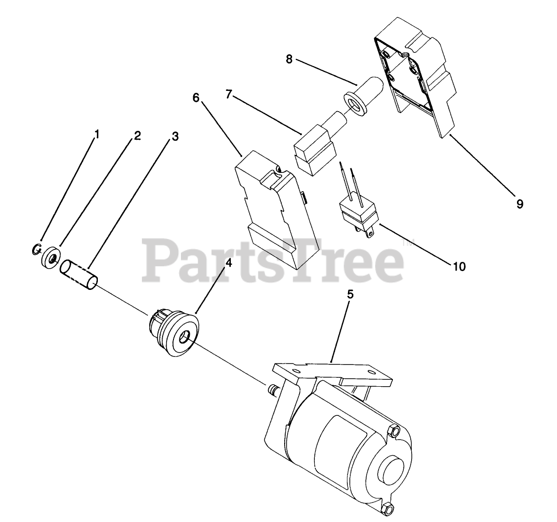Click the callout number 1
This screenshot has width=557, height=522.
(x=97, y=133)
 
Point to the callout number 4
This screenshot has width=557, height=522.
(x=228, y=263)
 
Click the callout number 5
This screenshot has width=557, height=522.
(x=350, y=294)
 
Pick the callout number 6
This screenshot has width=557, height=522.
(x=196, y=97)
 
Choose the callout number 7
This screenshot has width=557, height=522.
(x=228, y=94)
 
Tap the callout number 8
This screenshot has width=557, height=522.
(x=289, y=59)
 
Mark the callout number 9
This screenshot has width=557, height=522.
(x=520, y=203)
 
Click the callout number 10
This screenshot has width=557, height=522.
(x=459, y=266)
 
